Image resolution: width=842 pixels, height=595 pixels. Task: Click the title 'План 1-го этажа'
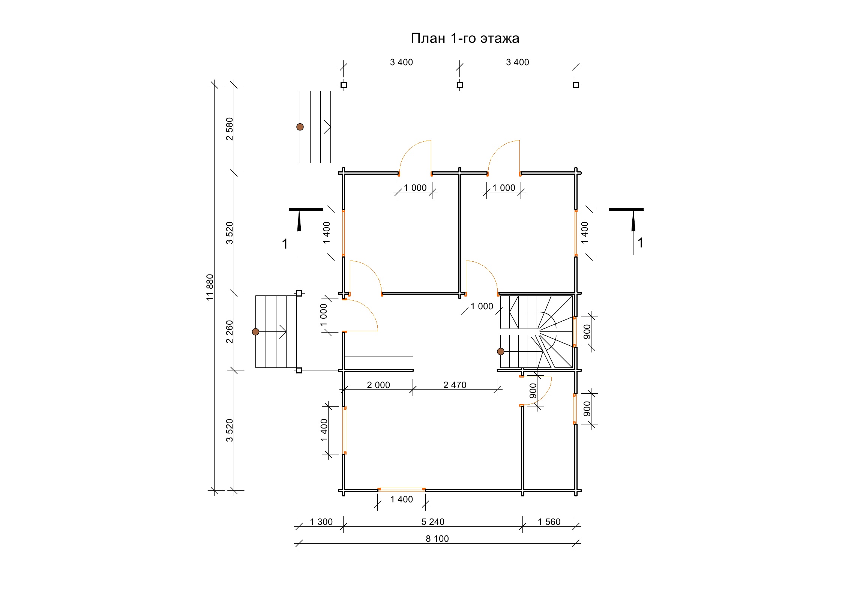pos(465,38)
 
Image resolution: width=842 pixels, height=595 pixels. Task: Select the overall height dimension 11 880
pos(210,287)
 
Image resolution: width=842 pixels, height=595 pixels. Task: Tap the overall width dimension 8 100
pos(437,539)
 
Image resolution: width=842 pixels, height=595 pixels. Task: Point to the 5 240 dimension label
pos(433,522)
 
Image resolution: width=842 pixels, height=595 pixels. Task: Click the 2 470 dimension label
pos(455,385)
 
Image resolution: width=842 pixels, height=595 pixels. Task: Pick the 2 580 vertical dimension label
pos(230,129)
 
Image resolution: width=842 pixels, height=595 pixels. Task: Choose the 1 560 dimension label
pos(549,522)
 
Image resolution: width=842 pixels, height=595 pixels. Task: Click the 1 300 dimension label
pos(321,522)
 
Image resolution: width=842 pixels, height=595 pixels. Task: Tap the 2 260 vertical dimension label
pos(230,332)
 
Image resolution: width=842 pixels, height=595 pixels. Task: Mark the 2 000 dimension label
pos(378,385)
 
